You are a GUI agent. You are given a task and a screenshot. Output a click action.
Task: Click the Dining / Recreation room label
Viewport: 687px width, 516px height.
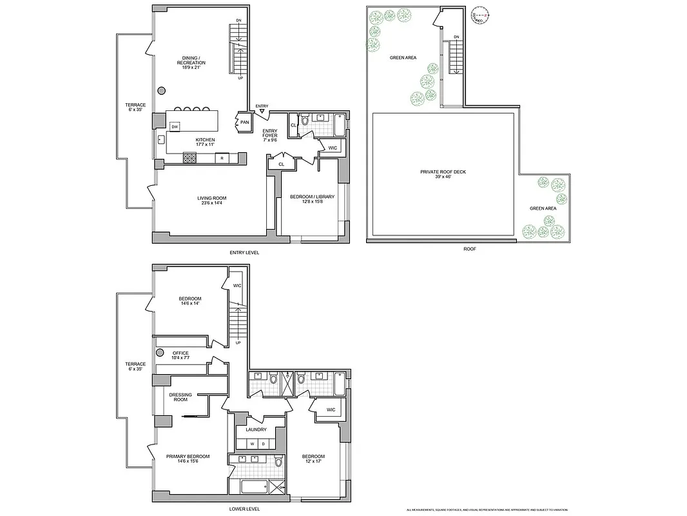[191, 63]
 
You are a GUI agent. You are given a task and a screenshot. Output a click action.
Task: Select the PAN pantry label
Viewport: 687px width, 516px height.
[244, 122]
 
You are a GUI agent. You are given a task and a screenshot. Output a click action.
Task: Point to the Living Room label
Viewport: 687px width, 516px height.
[211, 201]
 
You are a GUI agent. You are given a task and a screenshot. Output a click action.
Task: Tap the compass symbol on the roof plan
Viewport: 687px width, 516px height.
[479, 15]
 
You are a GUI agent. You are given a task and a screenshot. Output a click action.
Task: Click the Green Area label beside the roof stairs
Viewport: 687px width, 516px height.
[403, 57]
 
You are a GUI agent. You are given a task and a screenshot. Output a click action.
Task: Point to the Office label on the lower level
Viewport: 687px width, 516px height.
[180, 355]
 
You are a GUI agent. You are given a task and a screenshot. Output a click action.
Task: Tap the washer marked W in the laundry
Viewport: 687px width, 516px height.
[252, 444]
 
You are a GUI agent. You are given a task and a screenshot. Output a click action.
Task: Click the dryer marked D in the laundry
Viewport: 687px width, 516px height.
[263, 444]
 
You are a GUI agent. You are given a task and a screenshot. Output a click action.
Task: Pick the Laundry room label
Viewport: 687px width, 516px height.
[256, 430]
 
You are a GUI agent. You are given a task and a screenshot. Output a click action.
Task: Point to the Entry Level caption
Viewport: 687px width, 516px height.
[244, 252]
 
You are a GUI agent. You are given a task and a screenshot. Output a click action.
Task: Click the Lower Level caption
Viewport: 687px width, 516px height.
[244, 509]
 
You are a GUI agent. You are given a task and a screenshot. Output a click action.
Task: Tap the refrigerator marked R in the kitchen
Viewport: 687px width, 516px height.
[222, 157]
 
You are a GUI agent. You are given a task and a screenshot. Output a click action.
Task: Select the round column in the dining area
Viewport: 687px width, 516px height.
[162, 90]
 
